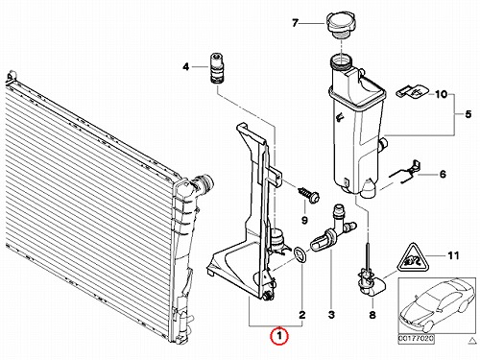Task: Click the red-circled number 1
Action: pos(279,336)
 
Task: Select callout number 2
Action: pos(302,315)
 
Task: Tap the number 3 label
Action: pos(331,315)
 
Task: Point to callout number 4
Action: pos(186,67)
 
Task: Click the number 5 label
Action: pos(468,114)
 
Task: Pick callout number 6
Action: pos(443,175)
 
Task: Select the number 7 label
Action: pos(295,23)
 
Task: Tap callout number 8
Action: pos(372,315)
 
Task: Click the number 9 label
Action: pos(304,220)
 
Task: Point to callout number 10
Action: pos(441,94)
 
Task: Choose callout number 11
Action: pos(453,255)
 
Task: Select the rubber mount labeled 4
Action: pos(217,68)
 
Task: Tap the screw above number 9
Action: pos(309,195)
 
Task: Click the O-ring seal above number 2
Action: pos(300,255)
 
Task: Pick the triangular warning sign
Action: pos(413,258)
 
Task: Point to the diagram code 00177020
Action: pos(416,338)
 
